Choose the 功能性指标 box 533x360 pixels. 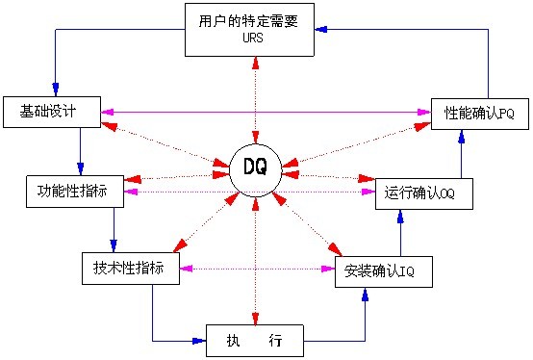pyautogui.click(x=74, y=192)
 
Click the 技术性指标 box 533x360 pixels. pyautogui.click(x=130, y=267)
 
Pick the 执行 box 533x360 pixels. pyautogui.click(x=255, y=341)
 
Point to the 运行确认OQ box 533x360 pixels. pyautogui.click(x=419, y=192)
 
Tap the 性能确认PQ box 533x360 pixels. pyautogui.click(x=479, y=114)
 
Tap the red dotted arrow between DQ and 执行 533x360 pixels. pyautogui.click(x=255, y=260)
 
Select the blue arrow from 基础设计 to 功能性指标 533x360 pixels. pyautogui.click(x=81, y=150)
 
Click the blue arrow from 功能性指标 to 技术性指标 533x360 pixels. pyautogui.click(x=114, y=229)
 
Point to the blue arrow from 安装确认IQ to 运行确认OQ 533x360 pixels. pyautogui.click(x=401, y=231)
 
